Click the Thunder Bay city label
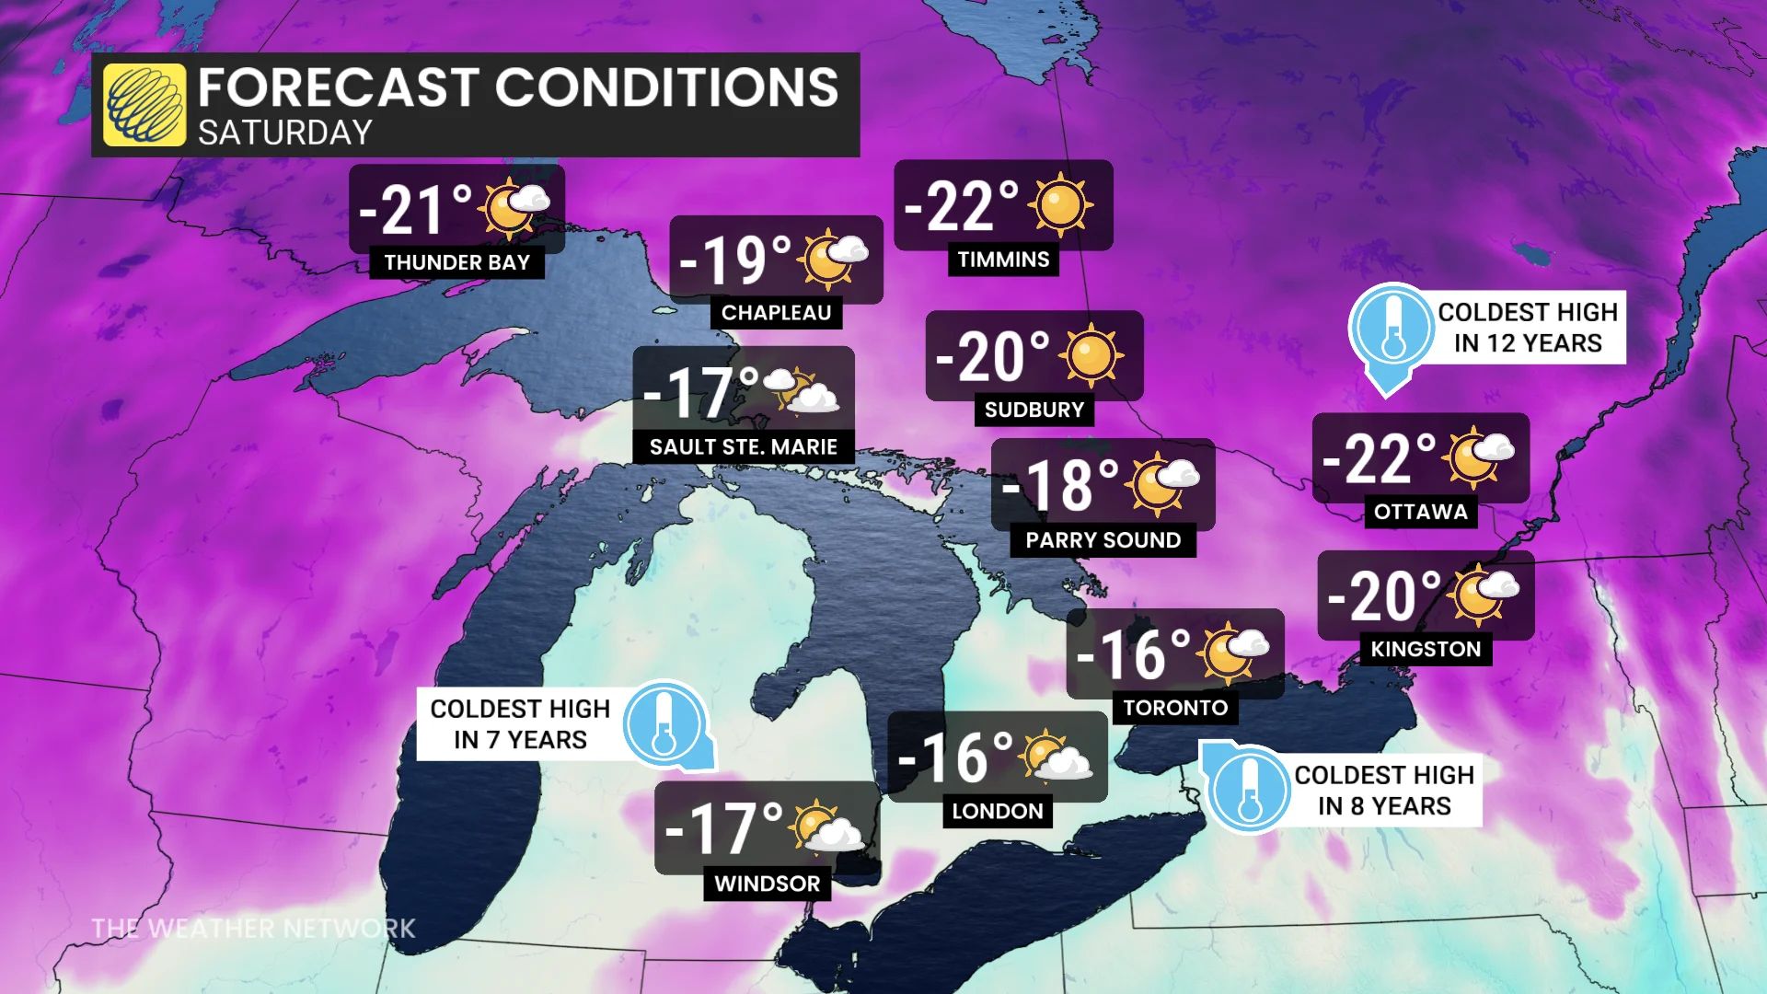pyautogui.click(x=456, y=262)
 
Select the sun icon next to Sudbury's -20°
pyautogui.click(x=1091, y=356)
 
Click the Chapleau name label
pyautogui.click(x=776, y=313)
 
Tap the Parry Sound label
pyautogui.click(x=1103, y=540)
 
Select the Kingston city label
pyautogui.click(x=1426, y=649)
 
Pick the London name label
pyautogui.click(x=997, y=811)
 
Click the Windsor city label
pyautogui.click(x=767, y=884)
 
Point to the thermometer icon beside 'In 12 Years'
pyautogui.click(x=1392, y=328)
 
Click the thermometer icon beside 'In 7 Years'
pyautogui.click(x=664, y=724)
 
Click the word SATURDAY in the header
pyautogui.click(x=284, y=133)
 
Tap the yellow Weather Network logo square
pyautogui.click(x=144, y=105)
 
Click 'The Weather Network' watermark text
pyautogui.click(x=253, y=928)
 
